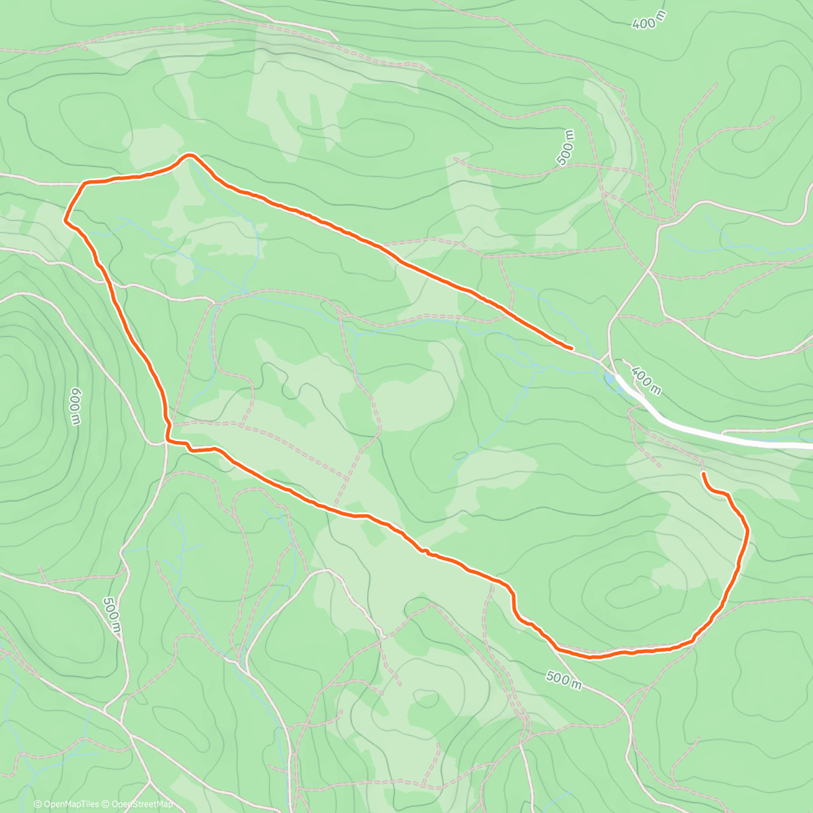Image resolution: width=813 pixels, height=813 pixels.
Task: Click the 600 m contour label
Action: click(x=75, y=406)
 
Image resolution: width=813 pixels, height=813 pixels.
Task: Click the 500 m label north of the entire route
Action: click(x=567, y=147)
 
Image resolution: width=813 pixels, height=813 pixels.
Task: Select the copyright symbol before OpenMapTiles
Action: click(x=38, y=804)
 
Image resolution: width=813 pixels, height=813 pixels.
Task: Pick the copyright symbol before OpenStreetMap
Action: click(x=106, y=804)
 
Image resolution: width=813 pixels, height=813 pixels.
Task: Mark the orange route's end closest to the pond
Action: click(x=572, y=348)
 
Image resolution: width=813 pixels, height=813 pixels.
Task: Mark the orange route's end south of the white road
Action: click(x=704, y=474)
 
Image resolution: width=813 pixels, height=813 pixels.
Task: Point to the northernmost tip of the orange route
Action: click(x=189, y=154)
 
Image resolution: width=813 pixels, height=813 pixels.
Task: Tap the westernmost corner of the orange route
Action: click(x=65, y=219)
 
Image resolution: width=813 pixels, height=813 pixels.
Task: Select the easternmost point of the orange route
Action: click(x=749, y=533)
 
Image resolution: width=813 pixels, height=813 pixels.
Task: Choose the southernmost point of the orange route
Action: click(x=591, y=656)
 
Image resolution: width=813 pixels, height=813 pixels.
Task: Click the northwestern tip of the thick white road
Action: click(x=619, y=376)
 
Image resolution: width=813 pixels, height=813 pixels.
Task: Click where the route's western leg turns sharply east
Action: click(x=167, y=441)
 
